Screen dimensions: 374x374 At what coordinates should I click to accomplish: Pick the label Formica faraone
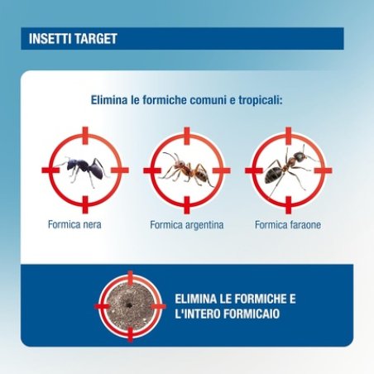[x=287, y=224]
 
